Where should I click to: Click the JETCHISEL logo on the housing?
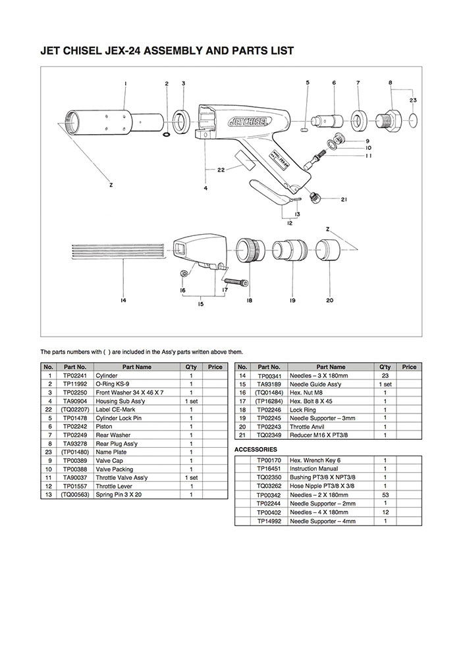tap(249, 122)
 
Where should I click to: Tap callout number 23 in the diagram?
tap(413, 100)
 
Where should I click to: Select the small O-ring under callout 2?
tap(167, 135)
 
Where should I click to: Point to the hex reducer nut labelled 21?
tap(315, 197)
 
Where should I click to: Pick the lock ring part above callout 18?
tap(250, 250)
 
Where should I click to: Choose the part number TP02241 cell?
tap(75, 375)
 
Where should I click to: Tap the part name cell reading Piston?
tap(104, 427)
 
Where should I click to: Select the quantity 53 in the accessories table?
tap(385, 495)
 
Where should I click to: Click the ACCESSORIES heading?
tap(256, 450)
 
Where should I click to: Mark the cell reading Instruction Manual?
tap(314, 469)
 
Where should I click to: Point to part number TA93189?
tap(269, 384)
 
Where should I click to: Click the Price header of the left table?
tap(215, 367)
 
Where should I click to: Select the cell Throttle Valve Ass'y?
tap(122, 477)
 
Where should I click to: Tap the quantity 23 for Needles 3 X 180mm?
tap(385, 375)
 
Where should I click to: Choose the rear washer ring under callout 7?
tap(358, 120)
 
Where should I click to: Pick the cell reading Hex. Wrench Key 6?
tap(315, 460)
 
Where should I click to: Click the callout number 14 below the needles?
tap(123, 300)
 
